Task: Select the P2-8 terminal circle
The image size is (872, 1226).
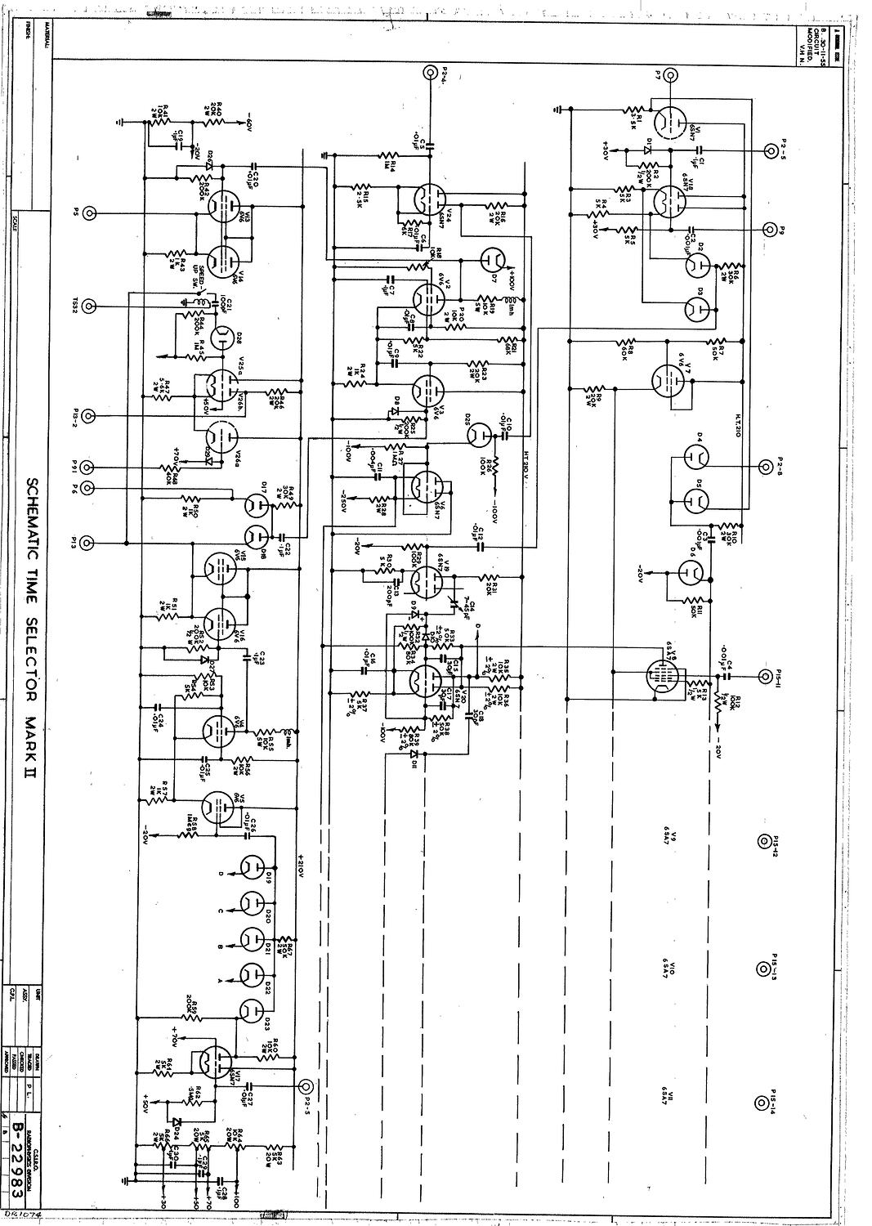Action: (x=766, y=467)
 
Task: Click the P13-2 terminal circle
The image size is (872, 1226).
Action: (x=89, y=415)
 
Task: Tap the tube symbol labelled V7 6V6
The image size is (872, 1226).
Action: (x=669, y=378)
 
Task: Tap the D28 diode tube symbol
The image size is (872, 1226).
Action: (x=220, y=338)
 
